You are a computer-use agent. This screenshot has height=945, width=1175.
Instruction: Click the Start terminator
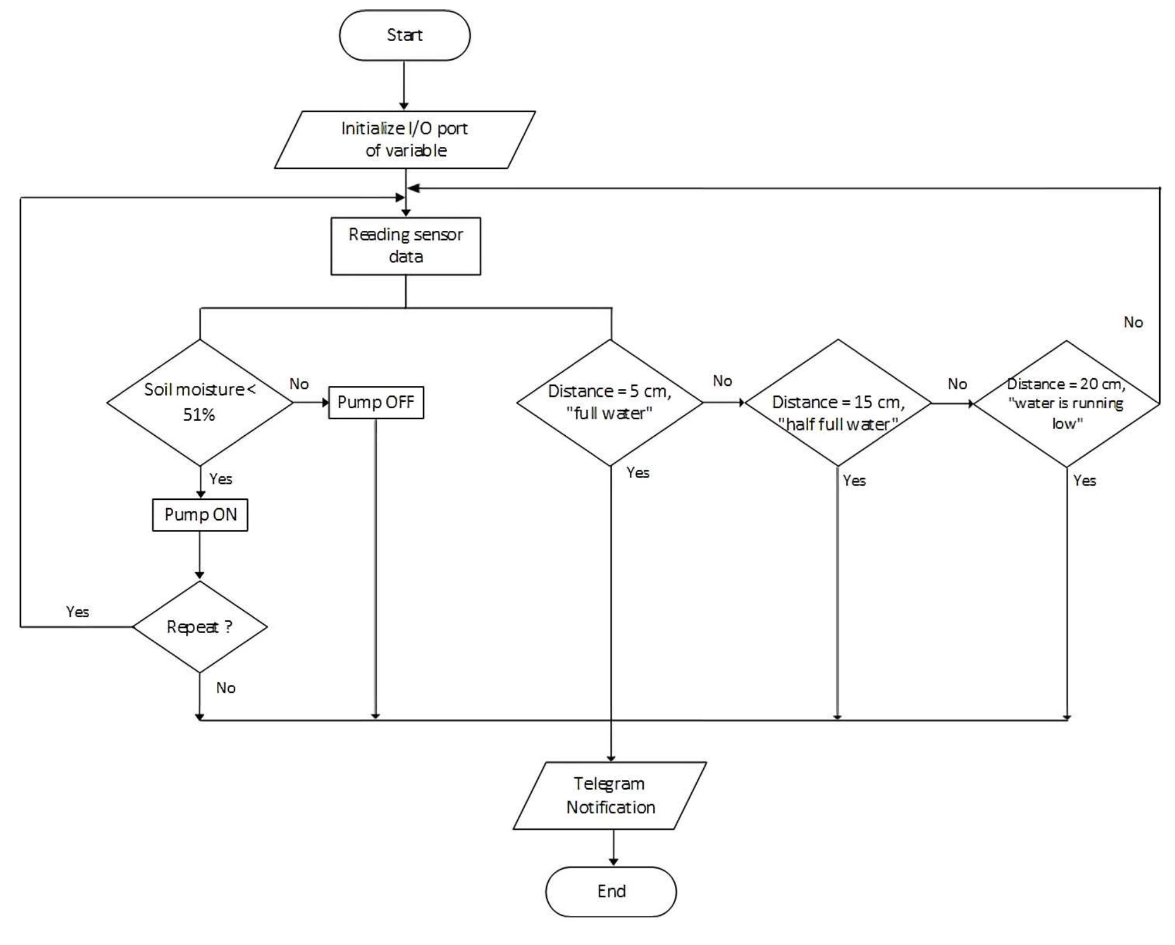[404, 35]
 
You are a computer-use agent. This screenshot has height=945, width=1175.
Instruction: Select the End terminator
[611, 892]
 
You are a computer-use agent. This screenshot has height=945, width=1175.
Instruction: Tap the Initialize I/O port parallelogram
[404, 140]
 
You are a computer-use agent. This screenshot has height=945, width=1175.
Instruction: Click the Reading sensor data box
[406, 246]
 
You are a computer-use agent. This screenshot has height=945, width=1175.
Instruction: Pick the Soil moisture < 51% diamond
[200, 402]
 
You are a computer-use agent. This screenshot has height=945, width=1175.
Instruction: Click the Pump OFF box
[376, 402]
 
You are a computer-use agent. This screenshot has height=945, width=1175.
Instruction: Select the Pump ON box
[200, 515]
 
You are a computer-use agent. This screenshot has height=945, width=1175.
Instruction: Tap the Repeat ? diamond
[200, 627]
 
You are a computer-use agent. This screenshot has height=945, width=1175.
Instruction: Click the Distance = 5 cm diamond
[610, 403]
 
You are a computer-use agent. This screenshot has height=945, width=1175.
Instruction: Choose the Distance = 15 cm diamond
[838, 403]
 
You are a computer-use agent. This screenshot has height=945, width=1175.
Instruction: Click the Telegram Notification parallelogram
[610, 795]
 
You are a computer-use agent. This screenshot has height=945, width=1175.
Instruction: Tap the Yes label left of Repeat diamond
[77, 612]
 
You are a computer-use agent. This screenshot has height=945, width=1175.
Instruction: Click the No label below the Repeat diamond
[226, 688]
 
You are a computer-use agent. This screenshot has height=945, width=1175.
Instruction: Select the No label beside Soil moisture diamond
[299, 384]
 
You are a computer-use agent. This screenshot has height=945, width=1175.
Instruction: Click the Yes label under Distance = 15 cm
[854, 480]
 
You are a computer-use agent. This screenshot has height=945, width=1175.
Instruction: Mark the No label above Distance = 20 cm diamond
[1133, 322]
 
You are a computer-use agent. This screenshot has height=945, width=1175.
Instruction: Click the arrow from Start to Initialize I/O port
[404, 85]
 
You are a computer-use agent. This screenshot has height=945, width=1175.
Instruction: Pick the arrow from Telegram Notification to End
[613, 848]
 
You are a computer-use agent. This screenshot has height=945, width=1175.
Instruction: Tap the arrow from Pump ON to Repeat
[200, 555]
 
